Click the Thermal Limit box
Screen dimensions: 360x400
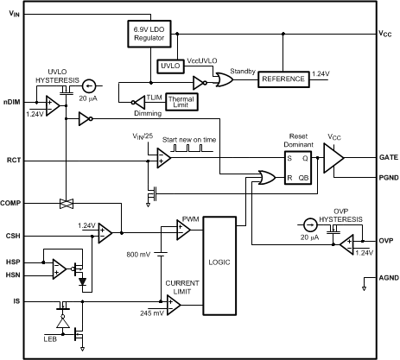pyautogui.click(x=181, y=101)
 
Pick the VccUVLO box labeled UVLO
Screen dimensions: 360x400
pyautogui.click(x=170, y=66)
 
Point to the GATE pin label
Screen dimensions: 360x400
pyautogui.click(x=389, y=159)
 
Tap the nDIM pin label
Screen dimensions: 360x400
pyautogui.click(x=12, y=102)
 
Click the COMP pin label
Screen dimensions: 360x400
pyautogui.click(x=13, y=203)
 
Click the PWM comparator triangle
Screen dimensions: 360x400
pyautogui.click(x=184, y=230)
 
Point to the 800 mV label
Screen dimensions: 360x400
pyautogui.click(x=139, y=255)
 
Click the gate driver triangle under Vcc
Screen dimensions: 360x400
pyautogui.click(x=333, y=159)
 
